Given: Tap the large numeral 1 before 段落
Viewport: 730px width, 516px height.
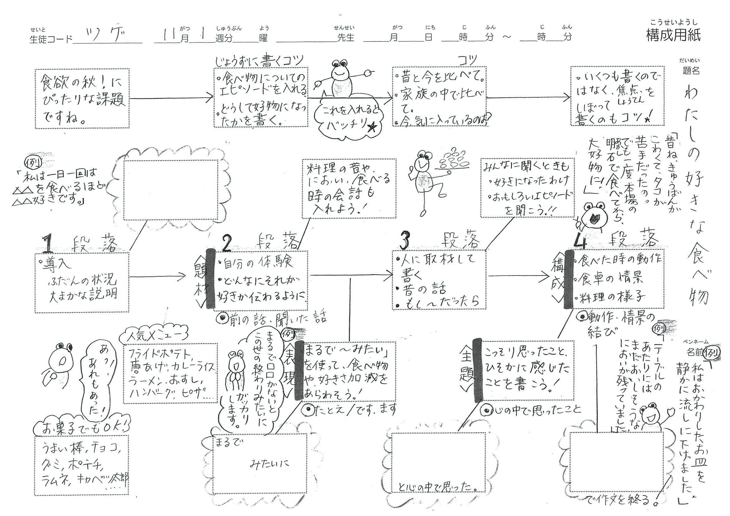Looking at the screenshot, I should pyautogui.click(x=48, y=243).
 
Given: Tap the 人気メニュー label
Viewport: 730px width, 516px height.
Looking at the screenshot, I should pyautogui.click(x=154, y=336).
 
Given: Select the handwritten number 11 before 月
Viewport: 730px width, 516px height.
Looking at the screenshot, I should pyautogui.click(x=169, y=35).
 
